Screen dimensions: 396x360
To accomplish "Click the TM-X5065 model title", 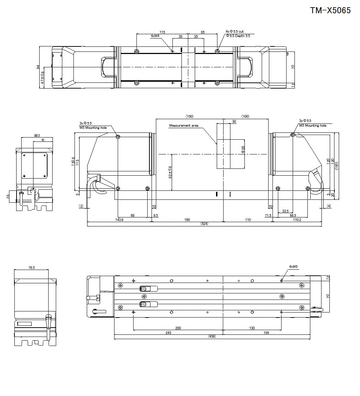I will click(330, 10).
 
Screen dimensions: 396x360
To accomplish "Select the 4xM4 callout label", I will click(155, 36).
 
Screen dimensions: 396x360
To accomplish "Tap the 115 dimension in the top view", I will click(162, 32).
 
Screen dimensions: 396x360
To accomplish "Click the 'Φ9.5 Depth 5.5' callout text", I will click(238, 36).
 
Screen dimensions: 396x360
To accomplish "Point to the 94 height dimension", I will click(37, 67).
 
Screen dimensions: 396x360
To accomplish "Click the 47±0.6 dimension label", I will click(42, 78).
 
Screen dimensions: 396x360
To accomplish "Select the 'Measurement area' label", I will click(184, 126).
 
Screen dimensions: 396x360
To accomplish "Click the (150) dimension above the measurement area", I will click(189, 116).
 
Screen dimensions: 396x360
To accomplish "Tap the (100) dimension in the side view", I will click(245, 116).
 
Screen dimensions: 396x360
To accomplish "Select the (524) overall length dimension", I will click(204, 224).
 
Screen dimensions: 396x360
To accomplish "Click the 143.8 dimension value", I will click(119, 220).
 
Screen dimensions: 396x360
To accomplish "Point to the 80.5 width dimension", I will click(37, 135).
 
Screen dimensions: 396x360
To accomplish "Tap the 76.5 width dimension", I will click(31, 267).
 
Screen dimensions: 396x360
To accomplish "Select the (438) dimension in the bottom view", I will click(212, 337).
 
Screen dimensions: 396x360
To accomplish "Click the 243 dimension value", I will click(168, 333).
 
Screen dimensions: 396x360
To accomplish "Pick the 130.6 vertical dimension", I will click(73, 163).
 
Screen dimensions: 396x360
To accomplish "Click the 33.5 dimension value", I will click(285, 211).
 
